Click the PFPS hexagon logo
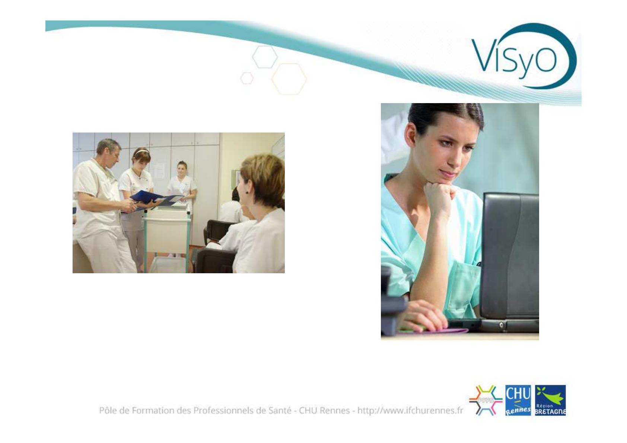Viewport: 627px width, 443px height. point(486,401)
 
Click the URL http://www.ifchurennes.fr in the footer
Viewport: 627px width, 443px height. point(410,411)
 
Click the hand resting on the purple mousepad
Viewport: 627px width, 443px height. point(423,316)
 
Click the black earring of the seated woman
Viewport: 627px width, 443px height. point(247,192)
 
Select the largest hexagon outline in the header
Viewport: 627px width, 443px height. point(289,79)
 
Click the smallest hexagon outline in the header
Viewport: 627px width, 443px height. point(247,78)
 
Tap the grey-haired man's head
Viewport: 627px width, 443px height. point(109,150)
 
